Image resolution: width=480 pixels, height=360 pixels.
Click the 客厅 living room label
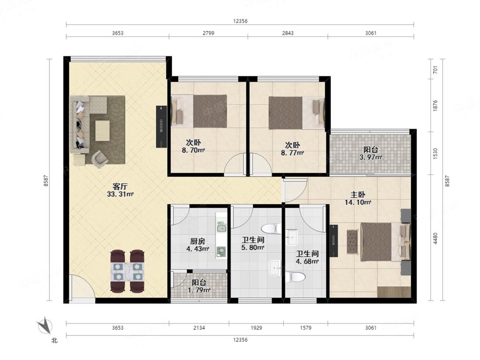(x=120, y=186)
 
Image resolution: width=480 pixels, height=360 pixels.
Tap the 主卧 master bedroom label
(x=358, y=195)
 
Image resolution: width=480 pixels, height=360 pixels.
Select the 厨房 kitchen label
(x=197, y=241)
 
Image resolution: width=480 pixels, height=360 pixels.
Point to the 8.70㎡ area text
(x=193, y=150)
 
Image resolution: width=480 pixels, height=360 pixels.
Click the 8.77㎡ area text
(x=292, y=153)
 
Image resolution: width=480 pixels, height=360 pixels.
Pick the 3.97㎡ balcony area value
(x=371, y=157)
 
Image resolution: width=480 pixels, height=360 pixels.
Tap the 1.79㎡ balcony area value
(x=199, y=290)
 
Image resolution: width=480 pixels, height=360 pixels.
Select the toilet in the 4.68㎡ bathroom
(x=295, y=277)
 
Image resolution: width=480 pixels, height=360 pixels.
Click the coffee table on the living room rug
(x=102, y=131)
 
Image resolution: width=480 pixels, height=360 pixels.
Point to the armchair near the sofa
(x=99, y=158)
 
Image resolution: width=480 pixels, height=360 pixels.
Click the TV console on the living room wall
(x=161, y=126)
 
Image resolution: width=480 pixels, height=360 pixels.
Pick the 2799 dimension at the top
(x=208, y=33)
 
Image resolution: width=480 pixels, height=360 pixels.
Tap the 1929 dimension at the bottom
(x=256, y=328)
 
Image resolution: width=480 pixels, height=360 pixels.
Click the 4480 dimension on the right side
(x=435, y=238)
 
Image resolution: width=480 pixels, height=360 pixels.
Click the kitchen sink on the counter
(x=221, y=228)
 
